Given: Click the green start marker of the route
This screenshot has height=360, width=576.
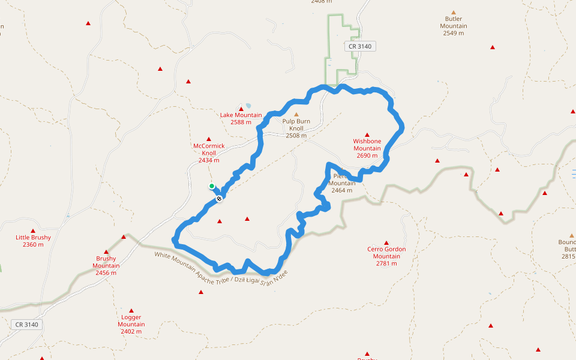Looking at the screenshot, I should [212, 186].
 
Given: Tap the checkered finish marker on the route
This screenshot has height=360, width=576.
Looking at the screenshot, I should [220, 198].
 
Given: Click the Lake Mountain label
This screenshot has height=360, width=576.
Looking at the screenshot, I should [241, 115].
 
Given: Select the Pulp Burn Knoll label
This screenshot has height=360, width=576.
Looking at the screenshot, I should [296, 125].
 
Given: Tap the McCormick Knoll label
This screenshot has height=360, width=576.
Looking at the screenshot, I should [209, 149].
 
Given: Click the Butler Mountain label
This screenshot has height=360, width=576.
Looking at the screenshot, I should [454, 26].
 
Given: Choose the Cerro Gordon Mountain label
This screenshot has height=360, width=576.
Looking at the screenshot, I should [386, 253].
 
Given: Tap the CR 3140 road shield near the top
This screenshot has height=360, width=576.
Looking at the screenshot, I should [360, 46].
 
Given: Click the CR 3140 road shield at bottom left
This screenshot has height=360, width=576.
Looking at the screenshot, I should [26, 325].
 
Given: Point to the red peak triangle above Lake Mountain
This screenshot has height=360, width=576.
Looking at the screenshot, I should [241, 109].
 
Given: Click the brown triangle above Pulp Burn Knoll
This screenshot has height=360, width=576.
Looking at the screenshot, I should [296, 114].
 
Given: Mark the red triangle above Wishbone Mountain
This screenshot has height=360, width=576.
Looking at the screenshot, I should [367, 134].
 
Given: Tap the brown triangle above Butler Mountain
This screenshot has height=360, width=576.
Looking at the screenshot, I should [454, 12].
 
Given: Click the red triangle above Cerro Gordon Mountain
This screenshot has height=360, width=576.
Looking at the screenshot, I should [386, 242].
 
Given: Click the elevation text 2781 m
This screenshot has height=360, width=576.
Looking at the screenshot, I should [386, 263].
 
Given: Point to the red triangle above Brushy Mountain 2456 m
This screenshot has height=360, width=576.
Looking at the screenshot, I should [106, 252].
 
